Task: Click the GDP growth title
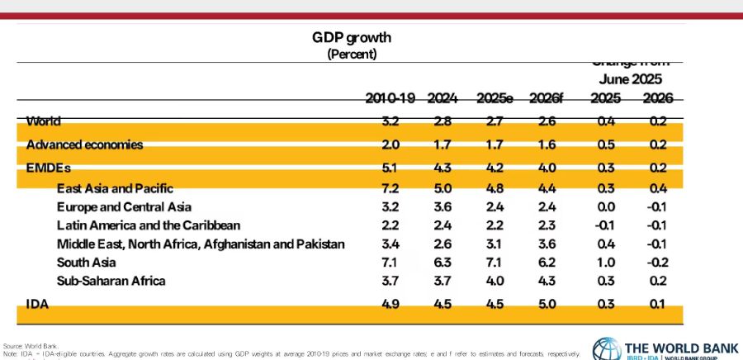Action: tap(351, 38)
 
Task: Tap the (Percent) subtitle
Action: tap(352, 54)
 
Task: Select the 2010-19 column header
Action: tap(390, 99)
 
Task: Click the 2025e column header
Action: tap(495, 99)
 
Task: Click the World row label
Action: tap(44, 121)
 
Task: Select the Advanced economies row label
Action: tap(85, 144)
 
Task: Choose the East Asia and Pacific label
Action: tap(115, 189)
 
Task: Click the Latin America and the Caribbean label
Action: tap(149, 225)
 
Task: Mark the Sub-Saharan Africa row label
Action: tap(111, 281)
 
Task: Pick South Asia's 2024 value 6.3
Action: tap(442, 263)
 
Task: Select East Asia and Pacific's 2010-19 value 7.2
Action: tap(390, 189)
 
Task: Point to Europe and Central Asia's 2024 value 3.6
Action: tap(442, 206)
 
